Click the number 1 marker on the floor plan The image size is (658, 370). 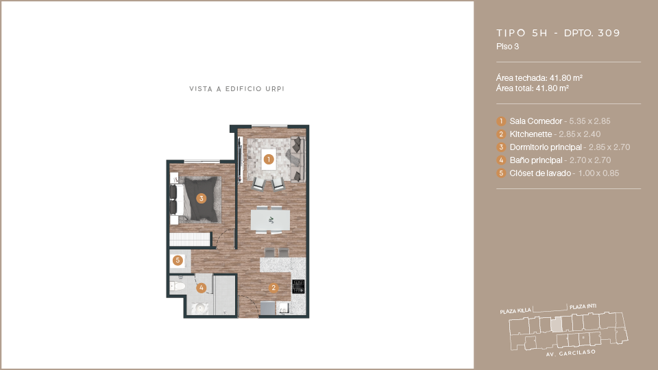tap(269, 160)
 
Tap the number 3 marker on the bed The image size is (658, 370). tap(202, 199)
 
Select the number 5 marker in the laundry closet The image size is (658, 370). tap(178, 260)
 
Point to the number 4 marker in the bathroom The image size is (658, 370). tap(202, 288)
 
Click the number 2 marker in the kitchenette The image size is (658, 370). tap(273, 288)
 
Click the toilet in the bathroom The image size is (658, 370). tap(178, 286)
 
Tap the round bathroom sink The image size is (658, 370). tap(201, 308)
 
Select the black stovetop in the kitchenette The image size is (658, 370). tap(298, 286)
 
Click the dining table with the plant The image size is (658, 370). tap(270, 220)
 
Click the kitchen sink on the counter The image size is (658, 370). tap(284, 309)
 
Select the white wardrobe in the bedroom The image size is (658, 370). tap(190, 240)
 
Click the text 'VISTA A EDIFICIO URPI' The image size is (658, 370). tap(236, 89)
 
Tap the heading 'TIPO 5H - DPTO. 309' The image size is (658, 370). tap(558, 33)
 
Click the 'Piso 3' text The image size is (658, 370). tap(507, 47)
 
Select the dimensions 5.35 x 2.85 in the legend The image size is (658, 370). tap(589, 121)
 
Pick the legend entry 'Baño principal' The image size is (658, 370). tap(536, 160)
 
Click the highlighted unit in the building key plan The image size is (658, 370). tap(556, 325)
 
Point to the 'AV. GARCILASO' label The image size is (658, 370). tap(571, 353)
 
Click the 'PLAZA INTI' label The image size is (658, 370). tap(583, 307)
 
